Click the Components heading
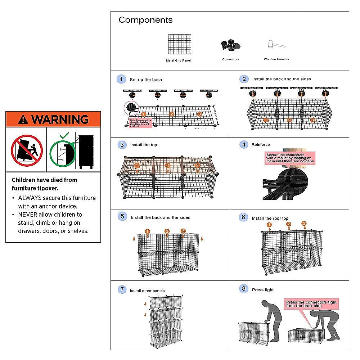[x=145, y=20]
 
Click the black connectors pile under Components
[x=231, y=45]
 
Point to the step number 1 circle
[x=121, y=79]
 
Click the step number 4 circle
[x=244, y=144]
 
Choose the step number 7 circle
[x=122, y=289]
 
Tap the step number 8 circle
[x=244, y=289]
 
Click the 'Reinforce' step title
[x=261, y=145]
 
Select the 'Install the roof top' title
[x=270, y=218]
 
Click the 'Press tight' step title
[x=263, y=290]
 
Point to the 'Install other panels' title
[x=147, y=291]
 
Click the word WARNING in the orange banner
[x=59, y=119]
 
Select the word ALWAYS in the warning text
[x=30, y=198]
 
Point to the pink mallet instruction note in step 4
[x=289, y=158]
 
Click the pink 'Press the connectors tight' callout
[x=311, y=304]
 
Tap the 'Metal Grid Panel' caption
[x=178, y=60]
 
